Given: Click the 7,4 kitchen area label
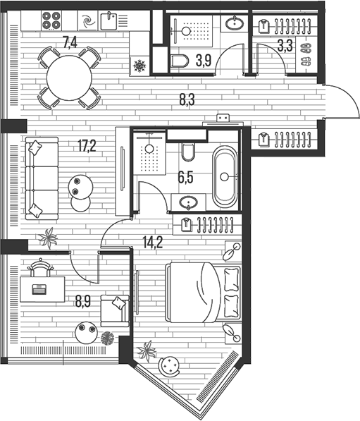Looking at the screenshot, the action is point(70,43).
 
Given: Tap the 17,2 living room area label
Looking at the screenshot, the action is point(87,146).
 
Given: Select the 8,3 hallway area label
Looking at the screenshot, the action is point(187,99).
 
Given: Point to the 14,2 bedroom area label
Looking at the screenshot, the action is point(153,243).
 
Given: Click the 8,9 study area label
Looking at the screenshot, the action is point(83,301).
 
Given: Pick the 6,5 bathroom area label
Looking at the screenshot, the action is point(185,178).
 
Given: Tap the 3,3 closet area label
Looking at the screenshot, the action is point(285,46).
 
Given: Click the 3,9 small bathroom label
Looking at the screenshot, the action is point(204,60).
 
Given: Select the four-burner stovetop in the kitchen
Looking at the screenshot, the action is point(51,20).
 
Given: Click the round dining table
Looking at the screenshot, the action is point(69,78).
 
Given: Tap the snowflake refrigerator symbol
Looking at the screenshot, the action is point(139,66).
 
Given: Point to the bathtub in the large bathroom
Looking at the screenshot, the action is point(225,177).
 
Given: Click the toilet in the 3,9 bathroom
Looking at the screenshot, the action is point(180,61).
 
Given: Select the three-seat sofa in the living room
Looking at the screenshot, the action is point(42,178).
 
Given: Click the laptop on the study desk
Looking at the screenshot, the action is point(39,289).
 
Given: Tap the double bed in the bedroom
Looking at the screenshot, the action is point(204,293).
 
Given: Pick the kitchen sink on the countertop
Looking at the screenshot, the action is point(108,21).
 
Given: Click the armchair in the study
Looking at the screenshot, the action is point(115,311).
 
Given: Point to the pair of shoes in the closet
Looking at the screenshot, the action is point(306,54).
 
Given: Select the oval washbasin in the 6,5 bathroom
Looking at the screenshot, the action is point(188,202).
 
